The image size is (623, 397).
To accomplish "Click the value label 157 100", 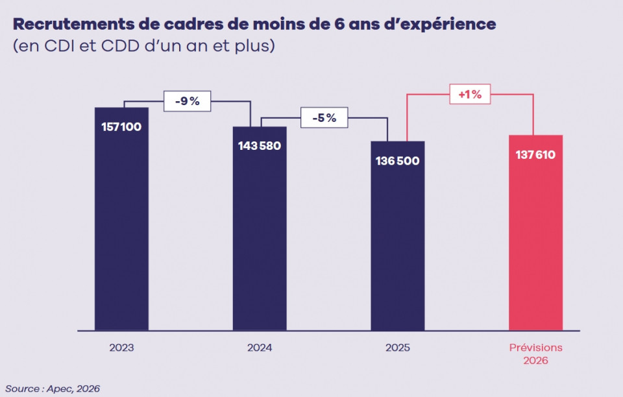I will [x=121, y=126].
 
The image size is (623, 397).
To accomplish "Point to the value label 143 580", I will [x=260, y=145].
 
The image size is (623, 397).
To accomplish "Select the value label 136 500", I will [x=397, y=160].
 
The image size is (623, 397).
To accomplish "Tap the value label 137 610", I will [x=535, y=155].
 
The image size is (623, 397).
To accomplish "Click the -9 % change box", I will [x=187, y=101].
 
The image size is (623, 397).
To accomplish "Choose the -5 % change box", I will [x=324, y=118].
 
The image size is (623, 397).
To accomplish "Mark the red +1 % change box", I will [x=470, y=94].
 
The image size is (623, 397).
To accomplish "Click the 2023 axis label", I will [x=121, y=348].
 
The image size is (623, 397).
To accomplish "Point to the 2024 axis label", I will [x=260, y=348].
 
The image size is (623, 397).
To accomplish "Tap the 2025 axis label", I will [x=397, y=348].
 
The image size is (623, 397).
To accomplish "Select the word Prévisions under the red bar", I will [x=535, y=348].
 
